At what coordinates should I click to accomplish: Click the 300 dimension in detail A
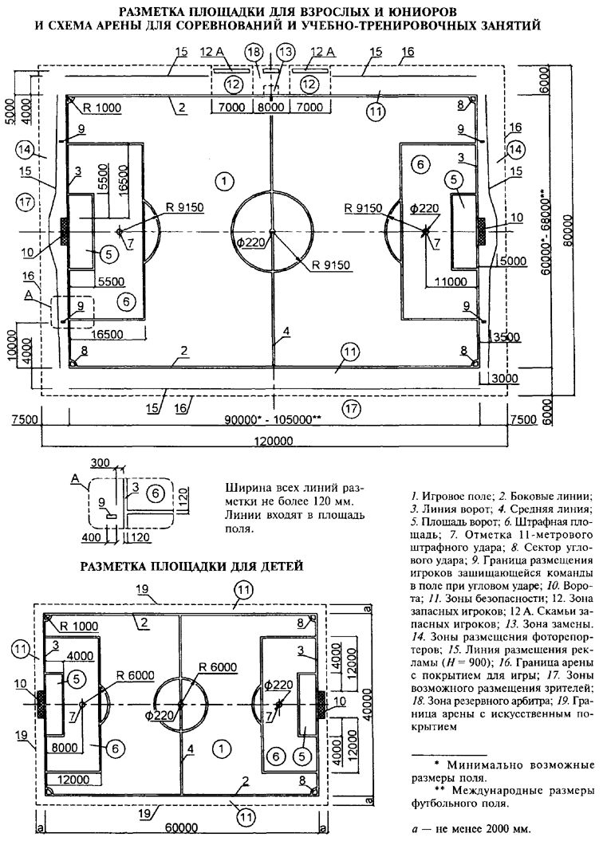(x=100, y=464)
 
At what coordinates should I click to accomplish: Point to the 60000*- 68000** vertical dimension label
(x=545, y=232)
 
